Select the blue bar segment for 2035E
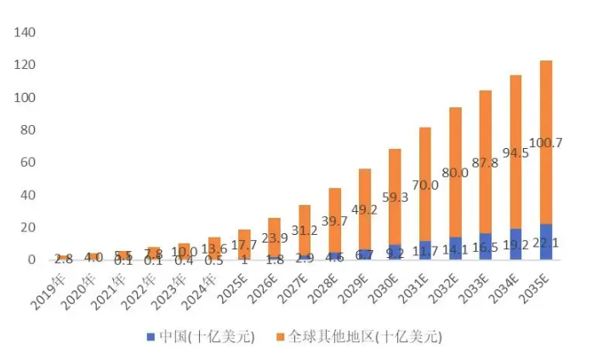[x=546, y=242]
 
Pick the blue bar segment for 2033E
[x=485, y=246]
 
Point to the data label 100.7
[x=546, y=143]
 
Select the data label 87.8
[x=486, y=163]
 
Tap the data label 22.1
[x=546, y=242]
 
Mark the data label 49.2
[x=364, y=209]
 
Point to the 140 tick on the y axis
[x=25, y=33]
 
